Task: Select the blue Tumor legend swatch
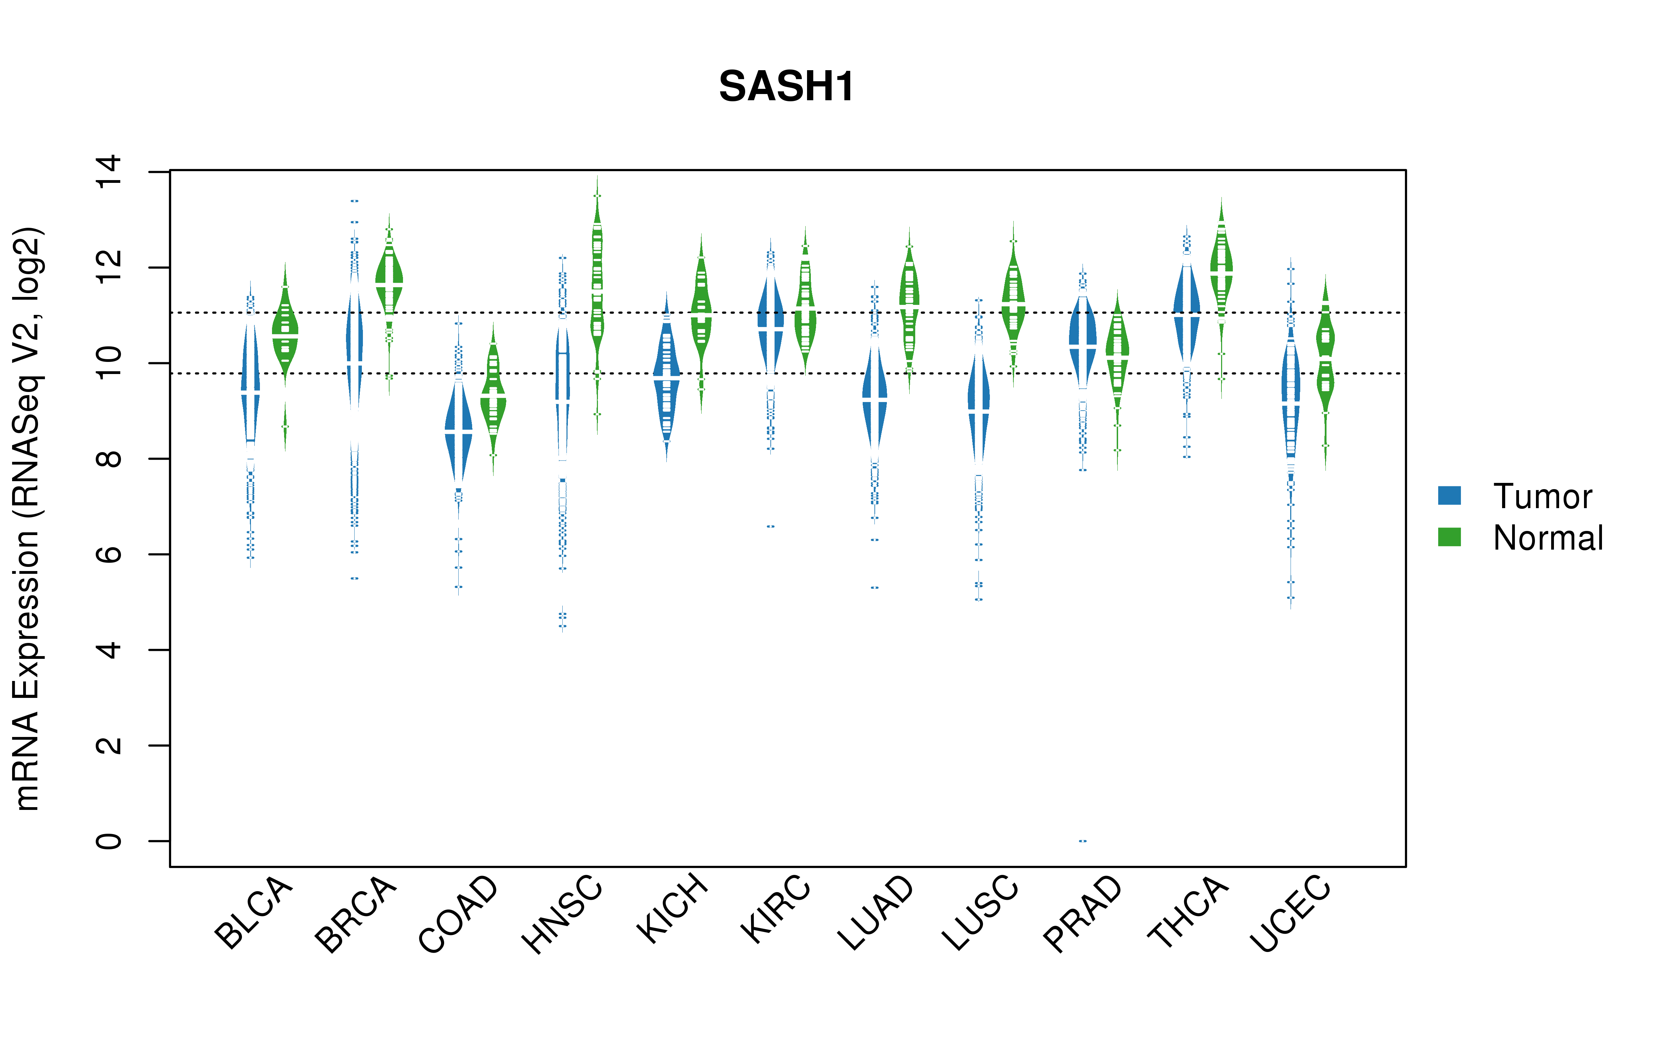1449,495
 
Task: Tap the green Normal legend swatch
1449,537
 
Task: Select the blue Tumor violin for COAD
459,431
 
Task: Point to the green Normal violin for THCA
1221,271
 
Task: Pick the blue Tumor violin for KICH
666,377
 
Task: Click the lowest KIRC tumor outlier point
770,527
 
